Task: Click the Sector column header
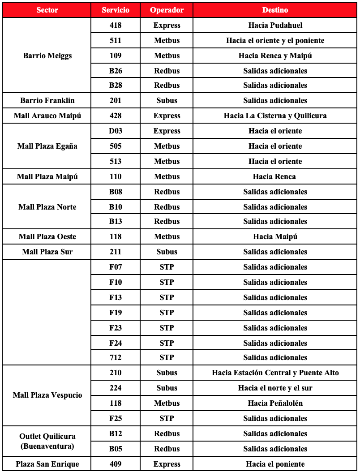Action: (x=47, y=10)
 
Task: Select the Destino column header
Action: (x=275, y=10)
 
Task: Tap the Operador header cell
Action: (x=167, y=10)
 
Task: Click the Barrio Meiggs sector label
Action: (x=47, y=56)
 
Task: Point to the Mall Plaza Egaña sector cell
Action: (x=47, y=146)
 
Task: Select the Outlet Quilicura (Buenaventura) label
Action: (x=47, y=441)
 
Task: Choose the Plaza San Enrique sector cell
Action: (x=47, y=464)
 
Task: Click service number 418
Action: (x=116, y=25)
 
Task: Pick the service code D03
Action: (x=116, y=131)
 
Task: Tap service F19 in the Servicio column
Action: (x=116, y=313)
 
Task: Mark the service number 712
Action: (x=116, y=357)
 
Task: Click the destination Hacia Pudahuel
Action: (x=275, y=25)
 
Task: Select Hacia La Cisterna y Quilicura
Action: (x=275, y=116)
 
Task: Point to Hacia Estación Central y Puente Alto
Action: (x=275, y=373)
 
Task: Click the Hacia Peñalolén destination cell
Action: (x=275, y=403)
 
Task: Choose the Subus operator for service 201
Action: (x=167, y=100)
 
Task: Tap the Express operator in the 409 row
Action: (x=167, y=464)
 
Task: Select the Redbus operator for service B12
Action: (x=167, y=433)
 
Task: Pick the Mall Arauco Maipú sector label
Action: (x=47, y=116)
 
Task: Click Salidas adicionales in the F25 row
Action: (x=275, y=418)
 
